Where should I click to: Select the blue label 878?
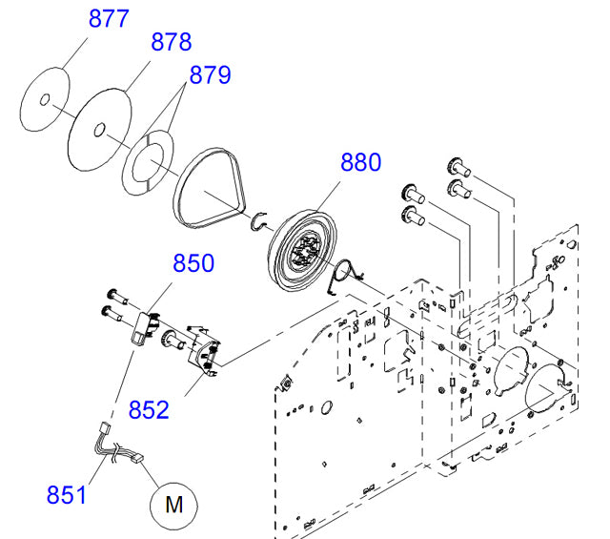(171, 42)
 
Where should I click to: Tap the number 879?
(210, 74)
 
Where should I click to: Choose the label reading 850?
(193, 264)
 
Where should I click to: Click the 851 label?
(67, 494)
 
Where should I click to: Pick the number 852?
(150, 410)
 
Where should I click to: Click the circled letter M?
(174, 505)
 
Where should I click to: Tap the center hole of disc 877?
(44, 97)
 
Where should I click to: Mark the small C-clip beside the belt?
(256, 221)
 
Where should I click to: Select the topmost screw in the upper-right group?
(456, 163)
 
